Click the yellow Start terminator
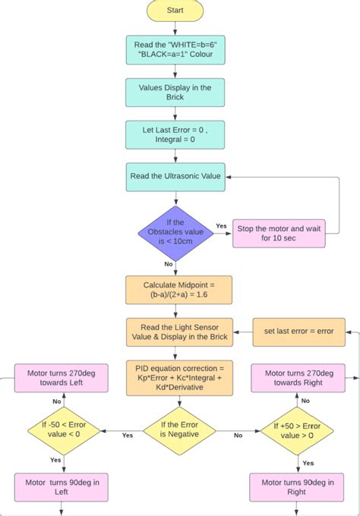175,11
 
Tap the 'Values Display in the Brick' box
175,93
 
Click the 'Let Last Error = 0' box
175,134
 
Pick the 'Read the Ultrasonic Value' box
175,176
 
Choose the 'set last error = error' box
298,332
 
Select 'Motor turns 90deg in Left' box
63,486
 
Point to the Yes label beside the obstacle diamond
221,226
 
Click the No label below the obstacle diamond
168,264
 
